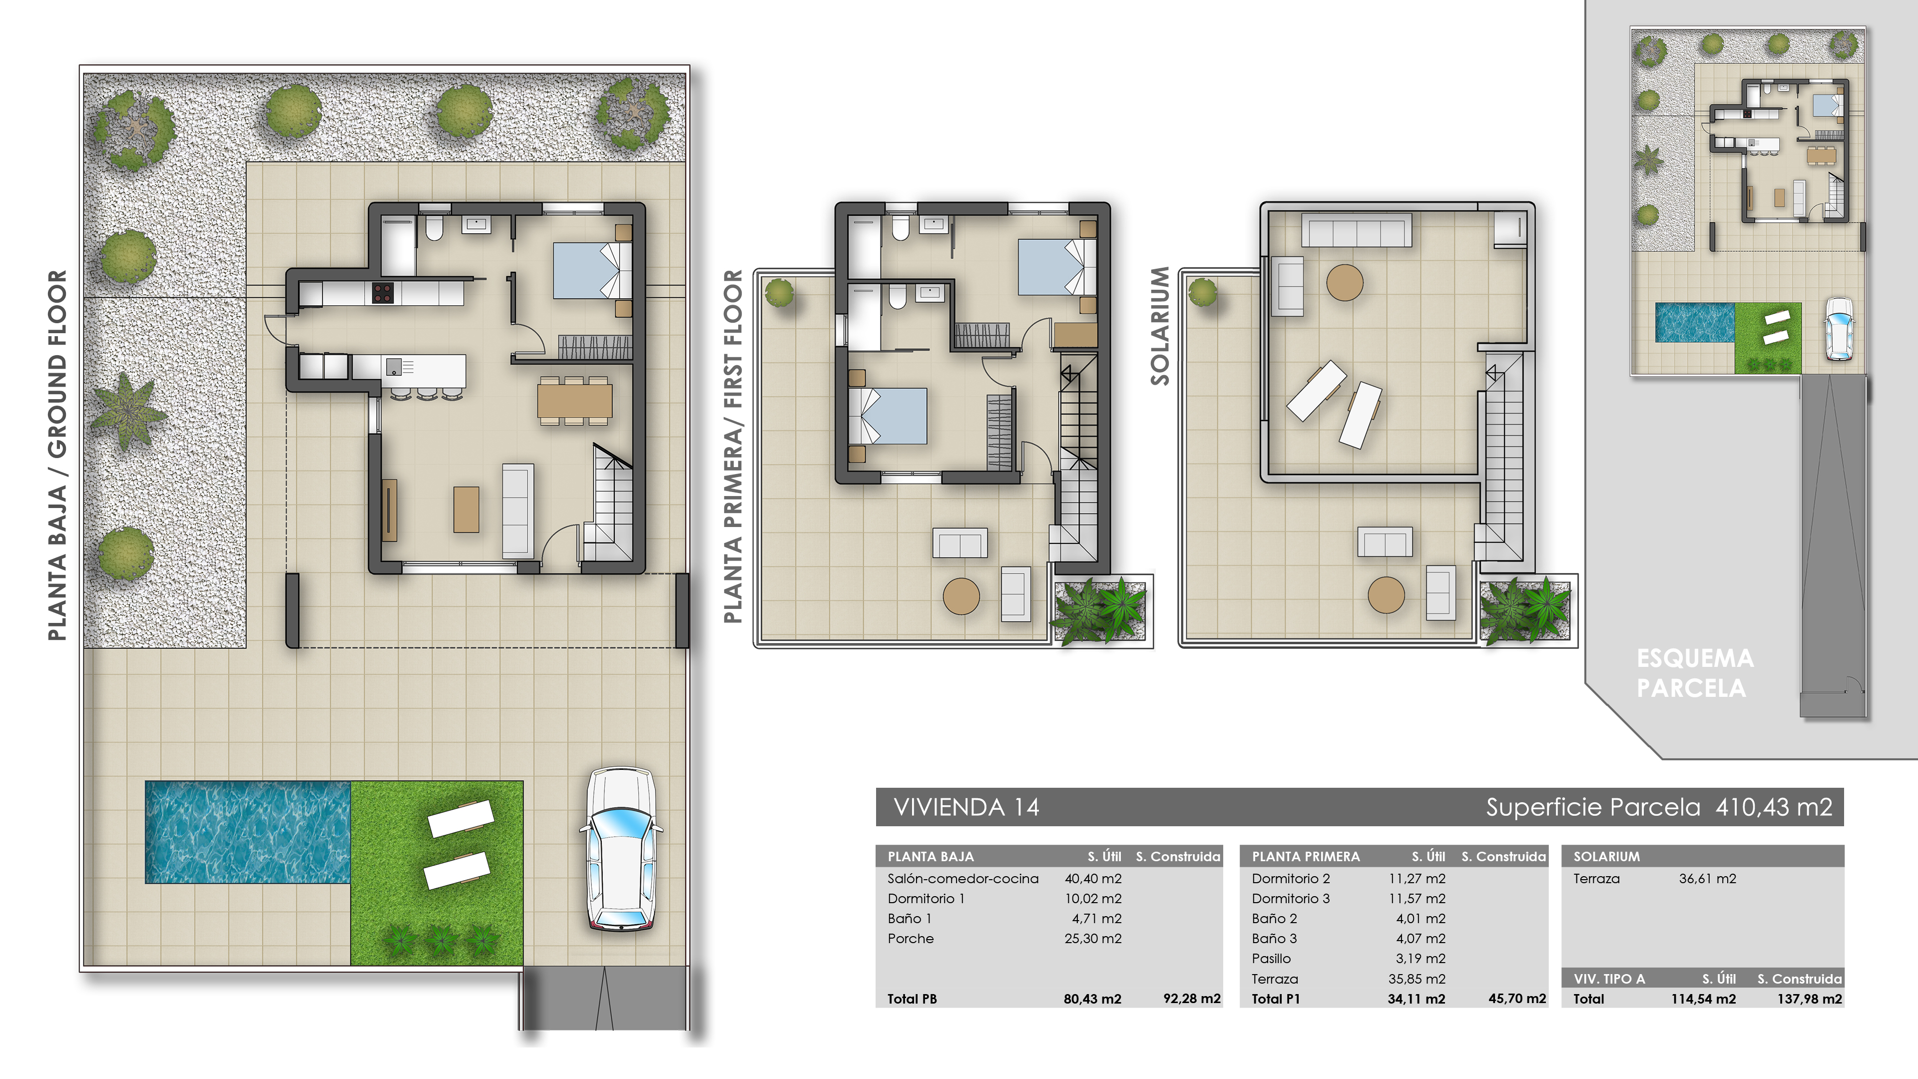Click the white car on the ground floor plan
pyautogui.click(x=621, y=849)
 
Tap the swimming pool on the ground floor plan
pyautogui.click(x=247, y=832)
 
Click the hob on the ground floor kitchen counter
pyautogui.click(x=383, y=293)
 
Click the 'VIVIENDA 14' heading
pyautogui.click(x=965, y=807)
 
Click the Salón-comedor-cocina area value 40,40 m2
pyautogui.click(x=1092, y=879)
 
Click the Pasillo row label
pyautogui.click(x=1271, y=959)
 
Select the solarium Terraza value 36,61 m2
pyautogui.click(x=1707, y=879)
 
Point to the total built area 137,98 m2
pyautogui.click(x=1809, y=999)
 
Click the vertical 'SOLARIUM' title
pyautogui.click(x=1159, y=325)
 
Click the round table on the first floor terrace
pyautogui.click(x=961, y=596)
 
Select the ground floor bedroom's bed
pyautogui.click(x=592, y=271)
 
